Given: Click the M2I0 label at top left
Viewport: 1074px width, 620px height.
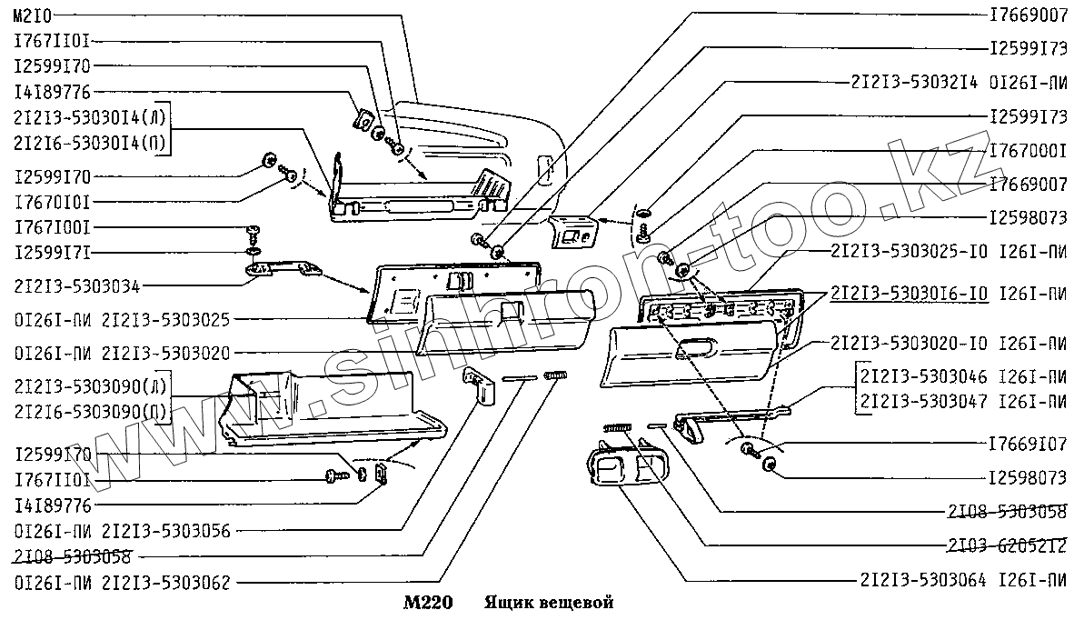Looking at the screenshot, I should point(34,16).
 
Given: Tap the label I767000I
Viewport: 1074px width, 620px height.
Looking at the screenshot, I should point(1028,150).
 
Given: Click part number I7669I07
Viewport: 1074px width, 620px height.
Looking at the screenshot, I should point(1028,445).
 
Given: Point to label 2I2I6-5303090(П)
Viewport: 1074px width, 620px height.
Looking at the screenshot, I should point(91,412).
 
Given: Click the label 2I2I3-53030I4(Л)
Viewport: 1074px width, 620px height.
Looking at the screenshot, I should point(91,116).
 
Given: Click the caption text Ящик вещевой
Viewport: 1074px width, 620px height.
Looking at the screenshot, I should point(550,603).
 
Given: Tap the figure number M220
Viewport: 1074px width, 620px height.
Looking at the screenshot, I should point(421,603).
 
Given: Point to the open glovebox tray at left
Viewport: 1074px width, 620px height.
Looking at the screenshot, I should point(327,409).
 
